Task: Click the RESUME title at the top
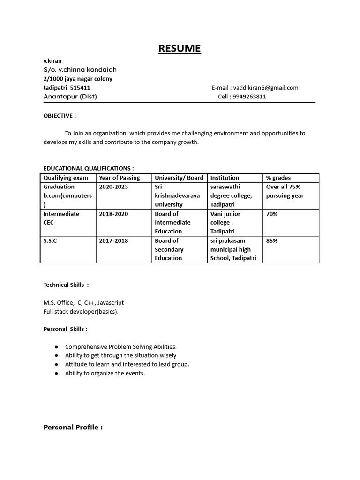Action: [x=180, y=48]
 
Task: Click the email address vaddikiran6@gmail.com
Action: [x=265, y=88]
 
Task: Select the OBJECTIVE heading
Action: [x=60, y=115]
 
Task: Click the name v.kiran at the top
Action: [x=52, y=61]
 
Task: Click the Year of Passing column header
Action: [x=119, y=178]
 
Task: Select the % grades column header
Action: [x=278, y=178]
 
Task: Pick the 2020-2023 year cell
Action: [x=113, y=187]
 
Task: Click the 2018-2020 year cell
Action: [x=113, y=214]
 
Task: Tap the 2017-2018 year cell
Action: [x=113, y=240]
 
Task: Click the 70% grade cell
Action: [x=272, y=214]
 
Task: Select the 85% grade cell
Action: [x=272, y=240]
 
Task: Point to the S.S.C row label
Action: [x=50, y=240]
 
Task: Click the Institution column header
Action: [x=225, y=178]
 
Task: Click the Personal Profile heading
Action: [x=73, y=427]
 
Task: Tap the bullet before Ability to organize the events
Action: [x=56, y=373]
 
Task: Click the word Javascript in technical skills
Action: [x=111, y=303]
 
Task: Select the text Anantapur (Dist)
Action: [x=70, y=97]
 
